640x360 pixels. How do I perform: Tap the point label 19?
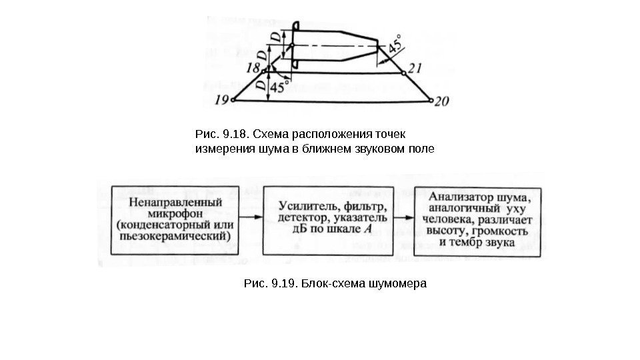point(222,101)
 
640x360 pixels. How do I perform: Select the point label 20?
point(443,102)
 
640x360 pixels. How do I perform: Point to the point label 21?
point(415,67)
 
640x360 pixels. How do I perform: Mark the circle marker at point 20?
point(430,101)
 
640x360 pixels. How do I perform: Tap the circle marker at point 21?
point(403,72)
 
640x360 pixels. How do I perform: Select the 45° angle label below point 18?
point(281,86)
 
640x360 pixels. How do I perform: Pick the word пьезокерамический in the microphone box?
point(174,235)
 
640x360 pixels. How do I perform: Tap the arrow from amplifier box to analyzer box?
point(403,217)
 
